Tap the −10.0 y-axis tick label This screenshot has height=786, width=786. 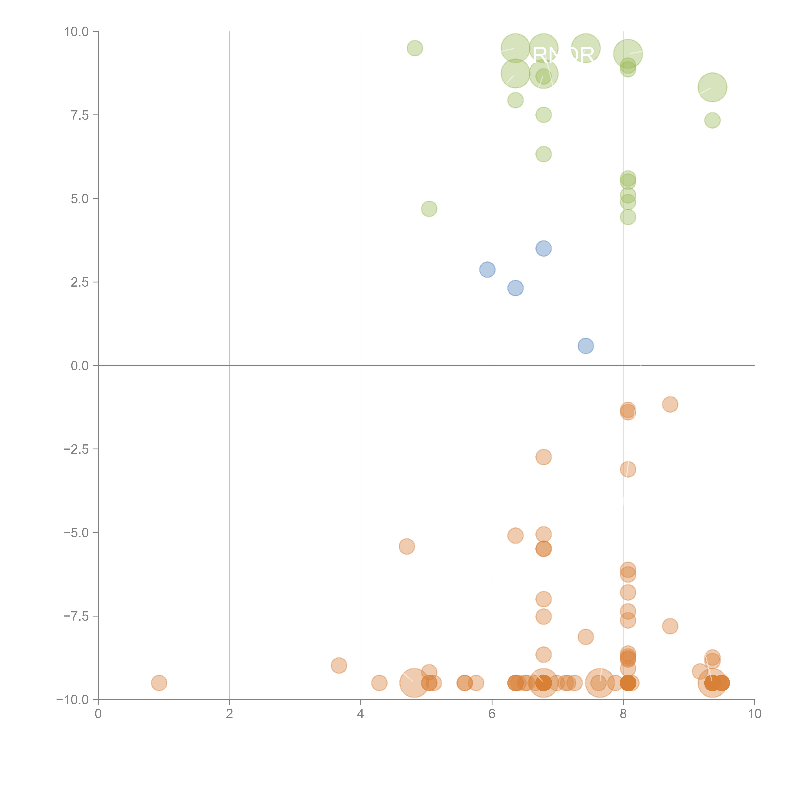click(x=72, y=700)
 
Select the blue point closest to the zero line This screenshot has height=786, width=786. click(x=585, y=346)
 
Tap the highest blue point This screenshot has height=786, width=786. click(x=544, y=249)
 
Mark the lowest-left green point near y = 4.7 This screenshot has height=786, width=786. click(x=429, y=209)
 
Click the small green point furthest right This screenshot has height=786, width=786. click(x=712, y=120)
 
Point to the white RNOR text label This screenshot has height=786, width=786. click(x=563, y=55)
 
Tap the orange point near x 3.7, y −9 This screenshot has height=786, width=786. click(x=339, y=666)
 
